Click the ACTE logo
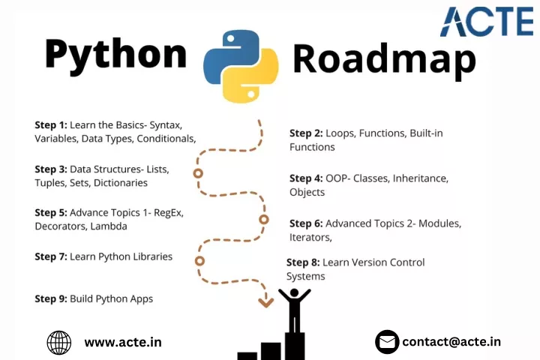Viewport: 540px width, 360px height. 486,22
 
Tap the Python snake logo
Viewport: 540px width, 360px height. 241,66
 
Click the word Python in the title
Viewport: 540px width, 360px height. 115,55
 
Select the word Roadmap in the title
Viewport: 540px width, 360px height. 384,60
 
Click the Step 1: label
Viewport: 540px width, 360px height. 51,124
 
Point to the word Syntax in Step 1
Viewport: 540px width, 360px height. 166,125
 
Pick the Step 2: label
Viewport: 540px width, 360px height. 306,133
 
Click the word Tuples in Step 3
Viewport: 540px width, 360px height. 51,183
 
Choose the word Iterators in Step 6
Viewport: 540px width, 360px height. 310,237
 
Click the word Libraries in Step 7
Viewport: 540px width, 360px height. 152,256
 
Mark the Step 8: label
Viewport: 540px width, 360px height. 303,262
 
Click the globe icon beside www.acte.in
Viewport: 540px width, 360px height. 59,343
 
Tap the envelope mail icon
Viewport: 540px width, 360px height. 387,342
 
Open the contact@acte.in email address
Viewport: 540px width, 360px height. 451,342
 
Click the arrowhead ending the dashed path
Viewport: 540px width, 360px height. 266,302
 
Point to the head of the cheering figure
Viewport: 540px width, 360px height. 295,292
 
